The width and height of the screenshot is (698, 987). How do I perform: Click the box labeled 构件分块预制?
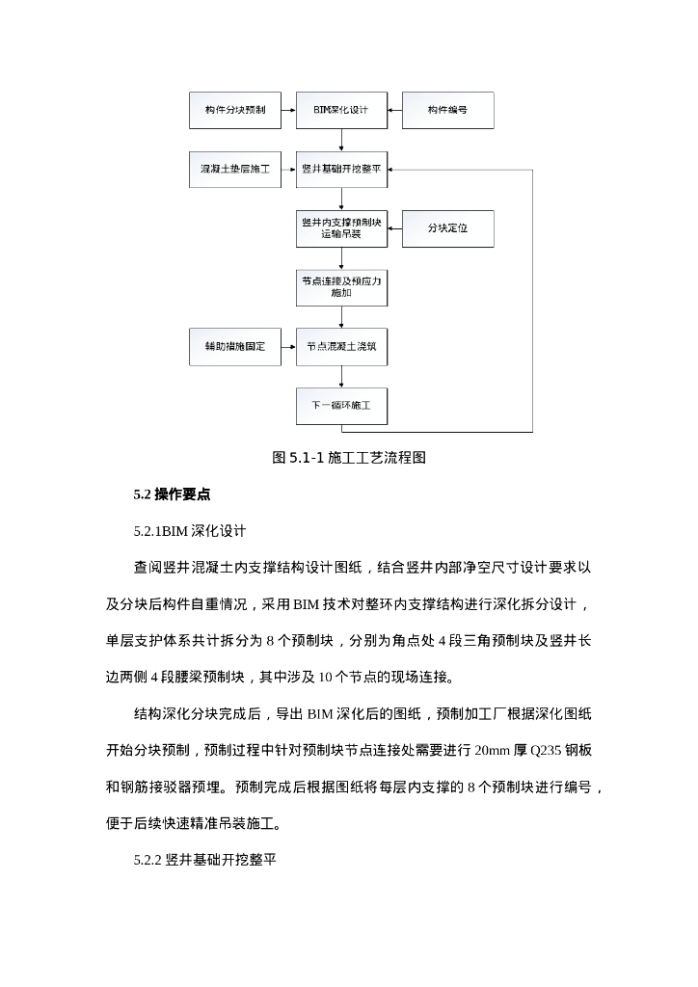tap(235, 111)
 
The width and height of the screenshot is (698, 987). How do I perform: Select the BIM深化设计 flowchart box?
tap(341, 111)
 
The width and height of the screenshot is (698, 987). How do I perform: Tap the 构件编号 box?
tap(447, 111)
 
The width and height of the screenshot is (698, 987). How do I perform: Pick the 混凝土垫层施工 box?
tap(235, 169)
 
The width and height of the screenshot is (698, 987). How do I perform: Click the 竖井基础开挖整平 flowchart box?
tap(341, 169)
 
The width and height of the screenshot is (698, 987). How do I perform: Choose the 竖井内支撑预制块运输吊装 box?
tap(341, 228)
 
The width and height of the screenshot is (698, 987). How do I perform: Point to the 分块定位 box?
tap(447, 228)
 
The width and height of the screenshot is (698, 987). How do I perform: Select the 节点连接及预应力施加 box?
tap(341, 286)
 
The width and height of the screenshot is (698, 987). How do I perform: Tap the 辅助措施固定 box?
tap(235, 345)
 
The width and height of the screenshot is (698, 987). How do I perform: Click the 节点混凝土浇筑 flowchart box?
tap(341, 345)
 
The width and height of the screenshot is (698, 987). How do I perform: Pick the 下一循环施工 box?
tap(341, 406)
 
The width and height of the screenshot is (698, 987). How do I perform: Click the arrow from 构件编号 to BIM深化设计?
tap(394, 111)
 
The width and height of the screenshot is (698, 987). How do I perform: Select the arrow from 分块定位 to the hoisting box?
tap(394, 228)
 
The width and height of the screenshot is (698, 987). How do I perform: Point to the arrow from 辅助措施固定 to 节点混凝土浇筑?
tap(288, 345)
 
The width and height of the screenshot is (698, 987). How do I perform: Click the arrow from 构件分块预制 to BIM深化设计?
tap(288, 111)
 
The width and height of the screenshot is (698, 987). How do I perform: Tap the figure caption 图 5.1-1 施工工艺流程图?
tap(349, 459)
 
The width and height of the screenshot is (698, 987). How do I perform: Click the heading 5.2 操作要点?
tap(172, 494)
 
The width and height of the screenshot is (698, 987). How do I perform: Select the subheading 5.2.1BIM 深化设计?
tap(190, 531)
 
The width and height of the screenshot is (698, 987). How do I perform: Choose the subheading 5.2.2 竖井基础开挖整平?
tap(205, 859)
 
